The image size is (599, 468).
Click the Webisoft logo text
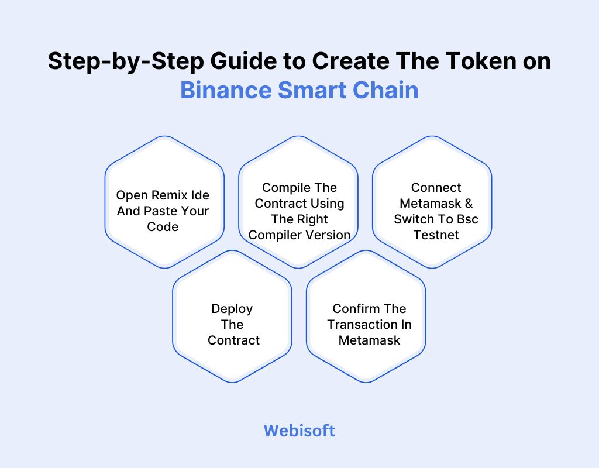[x=299, y=431]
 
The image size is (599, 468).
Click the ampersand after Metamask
[x=467, y=204]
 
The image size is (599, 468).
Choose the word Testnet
[x=436, y=235]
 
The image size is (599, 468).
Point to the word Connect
[x=436, y=188]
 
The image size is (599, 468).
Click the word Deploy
[x=232, y=308]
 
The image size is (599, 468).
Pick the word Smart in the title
[x=309, y=91]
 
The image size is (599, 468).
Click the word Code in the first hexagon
[x=163, y=226]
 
